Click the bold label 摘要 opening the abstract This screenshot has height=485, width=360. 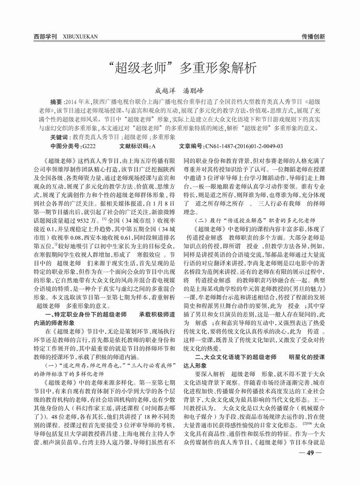click(x=56, y=102)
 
